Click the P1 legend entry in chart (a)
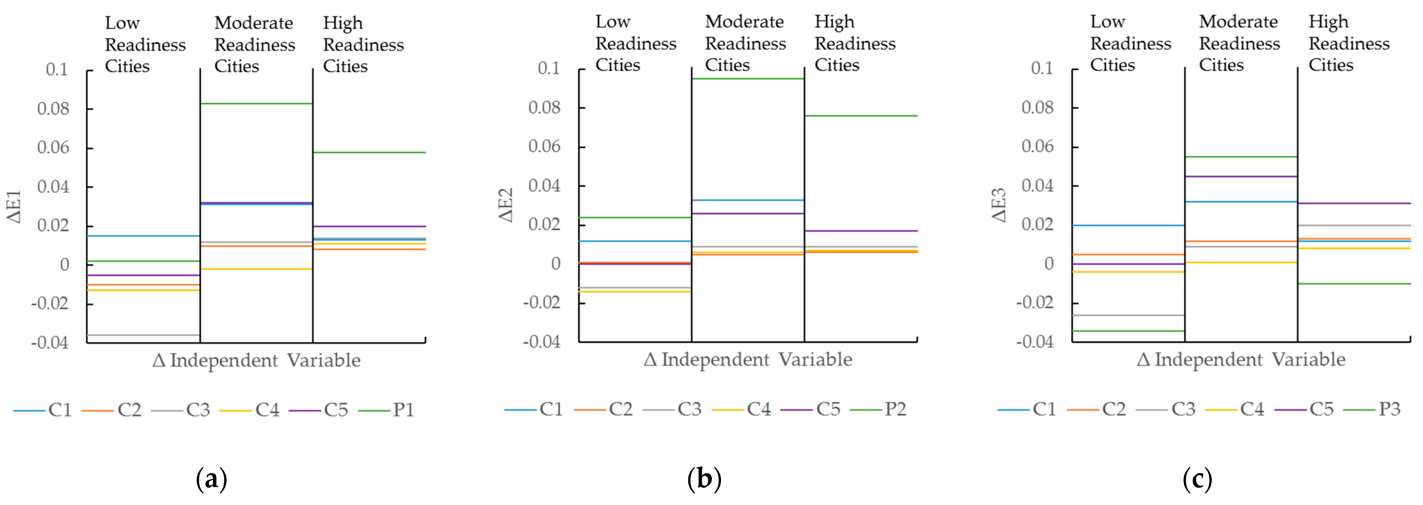pos(387,410)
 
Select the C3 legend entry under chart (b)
pos(673,409)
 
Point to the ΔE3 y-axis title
pos(998,205)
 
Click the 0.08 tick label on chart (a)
pos(53,109)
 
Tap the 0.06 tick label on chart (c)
pos(1037,147)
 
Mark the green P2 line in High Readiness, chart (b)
pos(861,116)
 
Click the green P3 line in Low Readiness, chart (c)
pos(1129,331)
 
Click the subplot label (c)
pos(1197,479)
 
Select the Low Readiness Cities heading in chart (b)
pos(635,44)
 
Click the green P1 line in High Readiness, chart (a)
pos(369,152)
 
